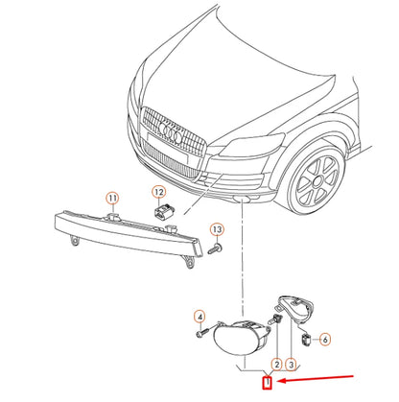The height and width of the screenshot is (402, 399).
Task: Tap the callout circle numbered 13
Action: point(217,230)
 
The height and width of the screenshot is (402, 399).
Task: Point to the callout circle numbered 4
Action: point(200,317)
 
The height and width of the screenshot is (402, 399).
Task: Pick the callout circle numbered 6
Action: point(323,339)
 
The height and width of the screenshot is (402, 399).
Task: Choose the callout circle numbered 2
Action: point(276,365)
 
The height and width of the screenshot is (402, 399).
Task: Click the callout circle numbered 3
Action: point(292,365)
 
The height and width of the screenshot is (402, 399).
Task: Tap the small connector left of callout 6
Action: point(306,338)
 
